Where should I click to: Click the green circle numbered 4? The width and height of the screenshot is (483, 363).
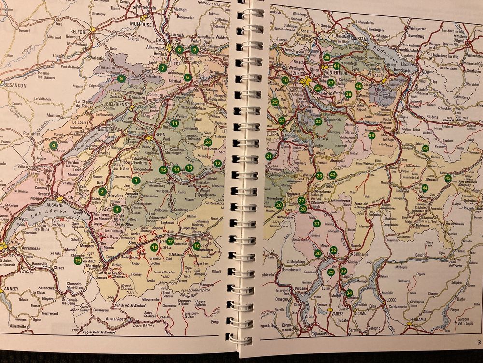click(53, 145)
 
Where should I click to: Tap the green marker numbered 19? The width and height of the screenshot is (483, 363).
click(78, 261)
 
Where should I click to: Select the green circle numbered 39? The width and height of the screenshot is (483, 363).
click(371, 136)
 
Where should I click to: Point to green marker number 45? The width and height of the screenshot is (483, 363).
click(448, 178)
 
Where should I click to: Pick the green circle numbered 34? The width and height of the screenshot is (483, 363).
click(349, 293)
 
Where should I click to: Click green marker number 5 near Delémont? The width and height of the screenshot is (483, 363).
click(121, 78)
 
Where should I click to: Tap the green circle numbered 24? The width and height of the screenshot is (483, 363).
click(208, 142)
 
